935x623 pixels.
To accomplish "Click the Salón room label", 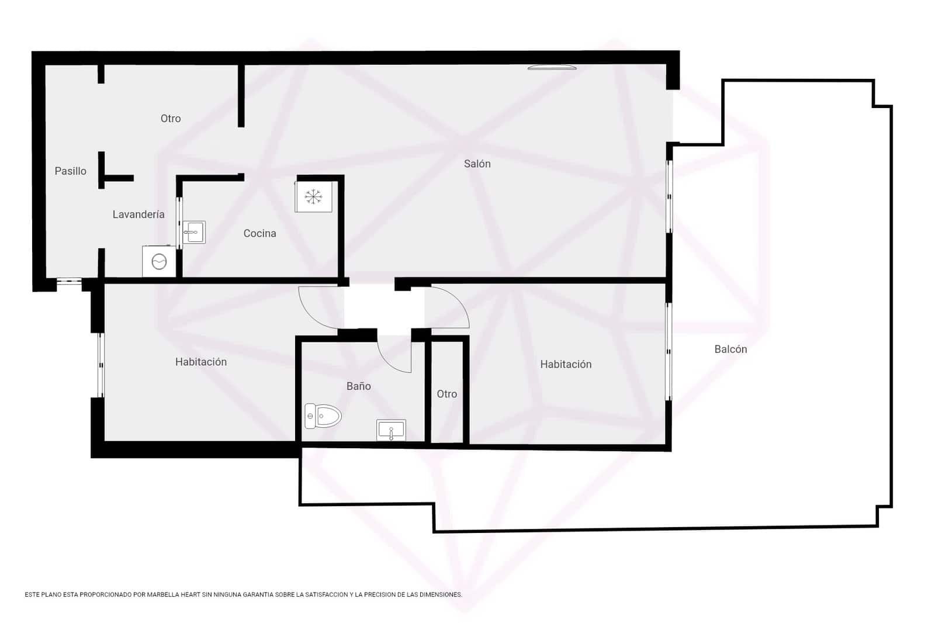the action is (x=477, y=164).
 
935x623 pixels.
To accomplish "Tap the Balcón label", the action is (x=730, y=349).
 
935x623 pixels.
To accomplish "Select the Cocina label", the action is (x=259, y=234).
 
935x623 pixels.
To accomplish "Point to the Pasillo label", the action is (x=70, y=171).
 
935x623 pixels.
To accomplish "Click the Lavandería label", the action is (x=138, y=214).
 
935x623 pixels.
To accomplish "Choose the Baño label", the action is (x=358, y=386).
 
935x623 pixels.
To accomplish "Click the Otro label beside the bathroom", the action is (x=446, y=394).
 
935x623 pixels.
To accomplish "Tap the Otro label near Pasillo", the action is (x=171, y=119).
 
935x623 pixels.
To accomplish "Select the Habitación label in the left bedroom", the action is (x=200, y=362).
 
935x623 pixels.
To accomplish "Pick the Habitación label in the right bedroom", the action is (x=565, y=365).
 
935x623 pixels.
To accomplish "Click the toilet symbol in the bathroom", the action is (x=323, y=416).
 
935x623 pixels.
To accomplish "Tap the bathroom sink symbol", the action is (x=391, y=431).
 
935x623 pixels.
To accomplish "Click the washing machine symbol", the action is (x=159, y=261).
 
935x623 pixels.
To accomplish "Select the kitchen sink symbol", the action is (x=193, y=232).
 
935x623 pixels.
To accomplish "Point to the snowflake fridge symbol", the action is (x=314, y=196).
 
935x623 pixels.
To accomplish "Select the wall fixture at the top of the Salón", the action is (x=552, y=68).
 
